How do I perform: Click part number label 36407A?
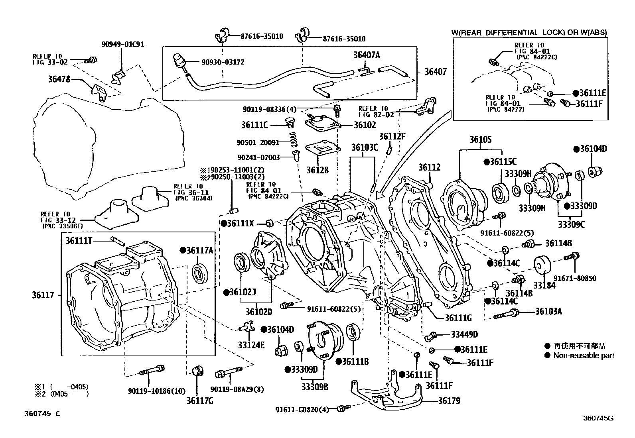click(366, 55)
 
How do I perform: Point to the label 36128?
click(317, 170)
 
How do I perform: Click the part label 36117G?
click(199, 401)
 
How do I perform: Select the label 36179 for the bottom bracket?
click(449, 401)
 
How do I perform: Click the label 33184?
click(544, 285)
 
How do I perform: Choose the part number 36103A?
click(548, 311)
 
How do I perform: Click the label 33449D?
click(464, 335)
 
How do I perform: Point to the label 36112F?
click(392, 137)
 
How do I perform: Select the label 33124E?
click(251, 344)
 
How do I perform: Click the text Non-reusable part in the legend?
click(584, 356)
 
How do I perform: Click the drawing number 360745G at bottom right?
click(598, 418)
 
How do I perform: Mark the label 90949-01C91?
click(122, 44)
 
